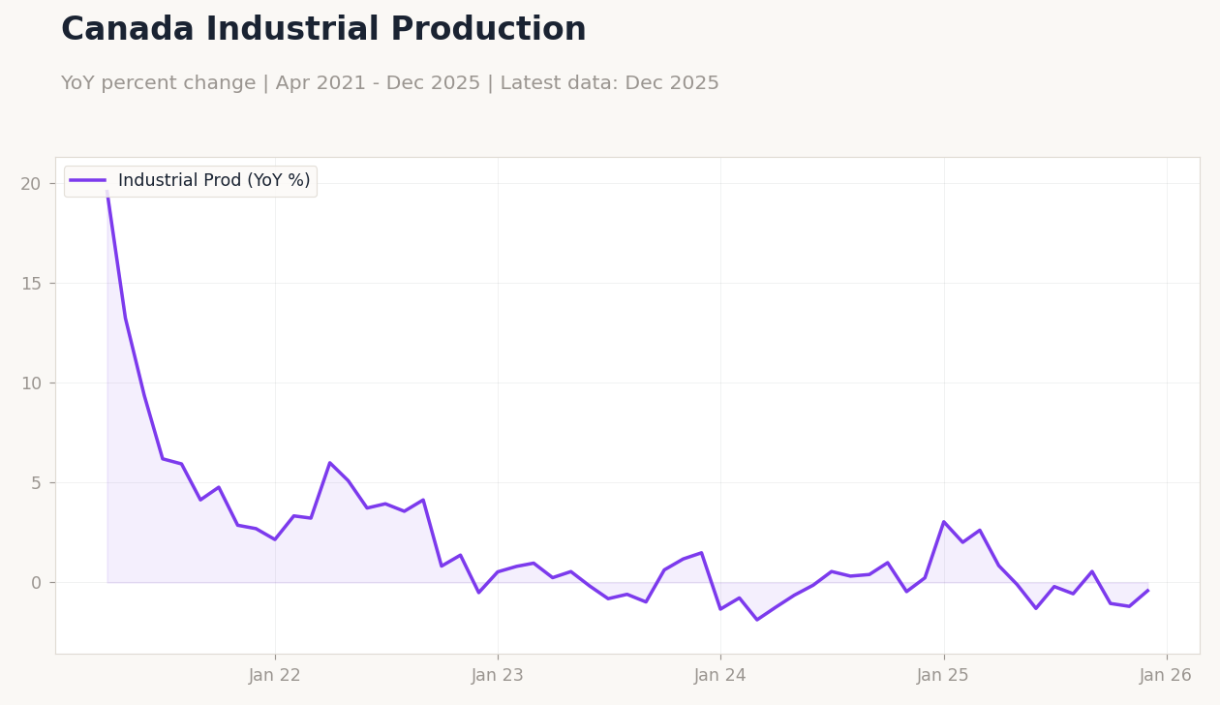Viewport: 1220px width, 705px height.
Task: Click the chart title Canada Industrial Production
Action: (323, 30)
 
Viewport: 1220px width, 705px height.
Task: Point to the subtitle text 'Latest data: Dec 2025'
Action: (609, 84)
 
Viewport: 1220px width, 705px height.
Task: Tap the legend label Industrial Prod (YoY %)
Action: (214, 181)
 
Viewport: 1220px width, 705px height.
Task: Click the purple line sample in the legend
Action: (87, 181)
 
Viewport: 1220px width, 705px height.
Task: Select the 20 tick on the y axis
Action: (31, 184)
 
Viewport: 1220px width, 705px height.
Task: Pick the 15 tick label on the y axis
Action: (31, 284)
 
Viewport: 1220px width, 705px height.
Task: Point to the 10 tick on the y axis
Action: (31, 383)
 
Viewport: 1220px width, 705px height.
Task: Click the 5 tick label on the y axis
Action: (36, 483)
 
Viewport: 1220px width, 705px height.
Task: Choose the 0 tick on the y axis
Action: (36, 583)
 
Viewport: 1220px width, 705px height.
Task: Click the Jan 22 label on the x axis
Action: (275, 676)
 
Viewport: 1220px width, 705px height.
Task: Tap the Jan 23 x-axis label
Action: (498, 676)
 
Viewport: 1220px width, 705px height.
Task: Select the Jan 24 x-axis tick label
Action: (720, 676)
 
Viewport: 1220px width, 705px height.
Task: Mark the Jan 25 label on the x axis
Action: (944, 676)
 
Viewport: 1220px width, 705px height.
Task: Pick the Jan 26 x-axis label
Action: (1167, 676)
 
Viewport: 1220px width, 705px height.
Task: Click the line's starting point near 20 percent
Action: (107, 191)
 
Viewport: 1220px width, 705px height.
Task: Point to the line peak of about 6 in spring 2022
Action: (329, 463)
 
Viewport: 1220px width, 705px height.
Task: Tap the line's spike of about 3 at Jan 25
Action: (944, 522)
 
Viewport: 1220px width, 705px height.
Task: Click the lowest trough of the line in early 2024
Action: (757, 619)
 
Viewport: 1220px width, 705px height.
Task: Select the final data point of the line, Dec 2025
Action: (1147, 591)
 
